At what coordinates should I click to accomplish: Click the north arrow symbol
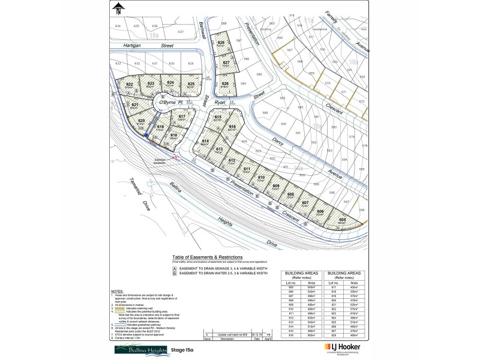tap(119, 8)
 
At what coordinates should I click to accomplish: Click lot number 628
tap(221, 43)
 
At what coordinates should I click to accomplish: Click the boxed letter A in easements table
tap(174, 268)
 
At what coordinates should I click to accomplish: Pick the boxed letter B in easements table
tap(174, 273)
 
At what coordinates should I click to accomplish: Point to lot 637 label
tap(181, 31)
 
